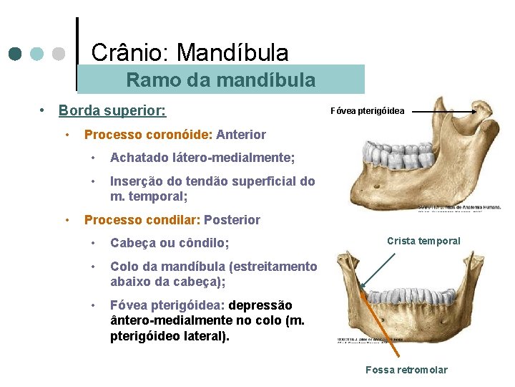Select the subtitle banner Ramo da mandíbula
(x=220, y=80)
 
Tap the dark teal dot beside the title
(x=15, y=54)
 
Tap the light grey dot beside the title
(x=59, y=54)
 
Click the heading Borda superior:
(x=112, y=111)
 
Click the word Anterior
(x=241, y=135)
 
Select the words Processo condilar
(x=142, y=220)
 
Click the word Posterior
(x=232, y=220)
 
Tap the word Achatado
(x=139, y=158)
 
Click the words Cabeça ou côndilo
(x=170, y=243)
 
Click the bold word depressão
(x=260, y=306)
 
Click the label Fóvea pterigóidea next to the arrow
(x=367, y=111)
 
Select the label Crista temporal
(x=424, y=241)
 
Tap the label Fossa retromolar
(x=406, y=370)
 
